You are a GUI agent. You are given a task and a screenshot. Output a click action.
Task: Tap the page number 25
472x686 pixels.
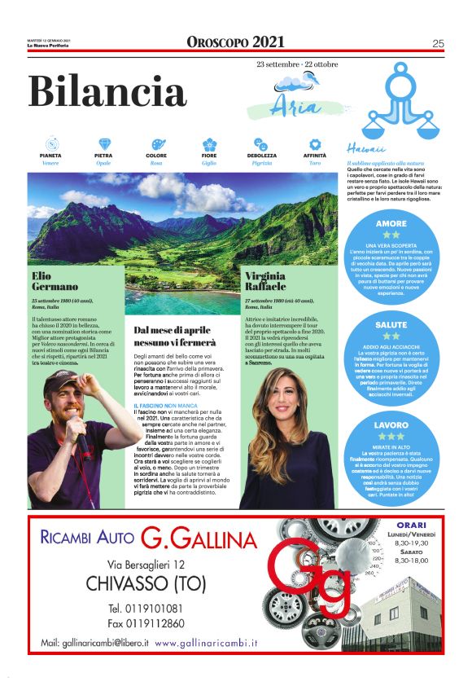[437, 43]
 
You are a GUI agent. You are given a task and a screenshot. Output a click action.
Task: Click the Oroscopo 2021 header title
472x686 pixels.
[236, 42]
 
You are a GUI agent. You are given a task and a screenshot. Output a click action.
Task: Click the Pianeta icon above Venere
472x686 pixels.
[50, 144]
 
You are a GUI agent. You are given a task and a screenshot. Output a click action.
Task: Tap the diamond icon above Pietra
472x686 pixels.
[103, 144]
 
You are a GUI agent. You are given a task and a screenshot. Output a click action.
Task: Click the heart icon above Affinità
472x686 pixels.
[315, 144]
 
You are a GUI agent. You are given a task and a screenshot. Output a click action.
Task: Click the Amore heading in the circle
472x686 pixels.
[391, 222]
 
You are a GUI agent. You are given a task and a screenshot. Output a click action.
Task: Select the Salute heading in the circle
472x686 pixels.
[391, 323]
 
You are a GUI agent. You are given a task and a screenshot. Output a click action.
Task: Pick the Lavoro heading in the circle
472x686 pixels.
[391, 424]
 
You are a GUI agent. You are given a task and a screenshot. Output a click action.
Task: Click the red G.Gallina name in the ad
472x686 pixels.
[199, 539]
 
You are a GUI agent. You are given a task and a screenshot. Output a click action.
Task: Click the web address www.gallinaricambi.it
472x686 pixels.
[207, 643]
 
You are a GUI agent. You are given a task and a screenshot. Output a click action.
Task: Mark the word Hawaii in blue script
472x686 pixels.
[365, 150]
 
